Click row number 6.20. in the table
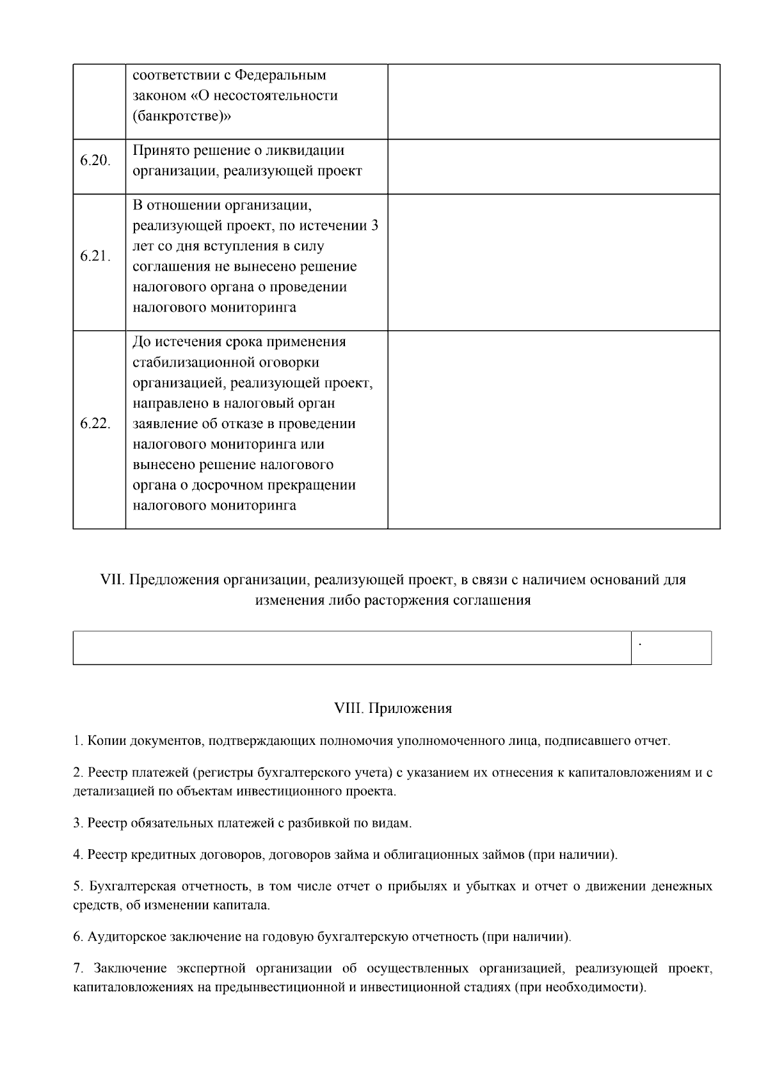(x=95, y=161)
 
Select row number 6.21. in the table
(x=95, y=256)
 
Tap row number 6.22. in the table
(x=95, y=424)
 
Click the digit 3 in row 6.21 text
(x=374, y=226)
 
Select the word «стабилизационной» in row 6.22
(x=189, y=363)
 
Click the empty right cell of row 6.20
(x=554, y=166)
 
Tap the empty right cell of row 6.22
(x=554, y=429)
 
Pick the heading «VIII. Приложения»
(x=393, y=708)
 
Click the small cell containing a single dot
(x=671, y=648)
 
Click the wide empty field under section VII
(x=352, y=648)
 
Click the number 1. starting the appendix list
(x=77, y=741)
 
